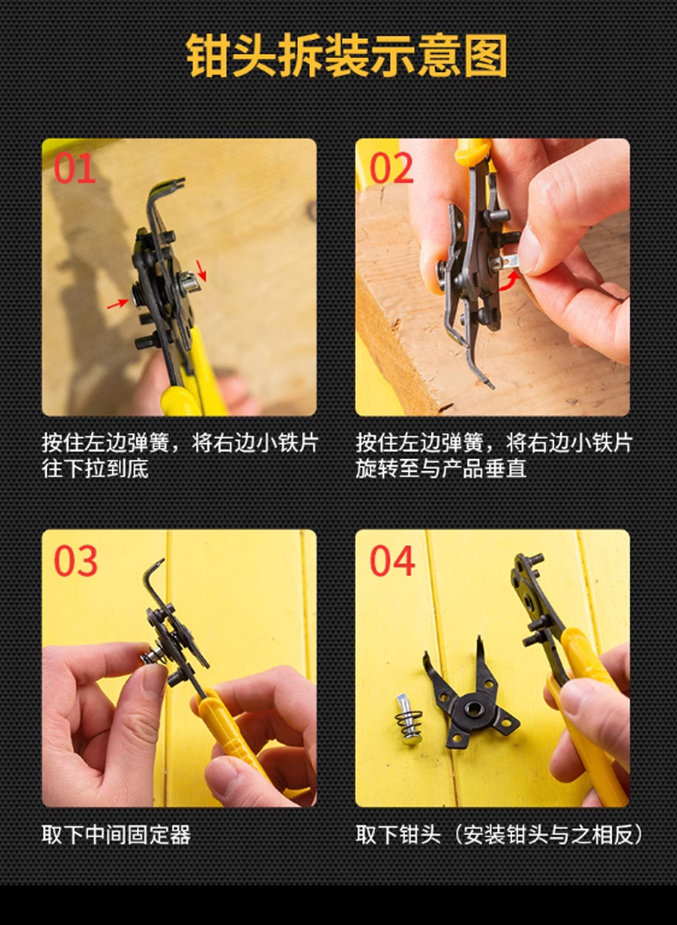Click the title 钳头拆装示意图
click(x=347, y=56)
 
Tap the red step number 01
click(x=75, y=168)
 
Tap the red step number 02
click(x=391, y=168)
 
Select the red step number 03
click(x=76, y=561)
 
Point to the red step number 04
click(x=392, y=561)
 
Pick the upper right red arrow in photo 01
click(x=201, y=270)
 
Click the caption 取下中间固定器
click(x=116, y=835)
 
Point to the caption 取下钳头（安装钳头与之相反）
click(x=499, y=835)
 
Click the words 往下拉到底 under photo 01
click(x=95, y=469)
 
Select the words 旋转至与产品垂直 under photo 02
click(x=441, y=469)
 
